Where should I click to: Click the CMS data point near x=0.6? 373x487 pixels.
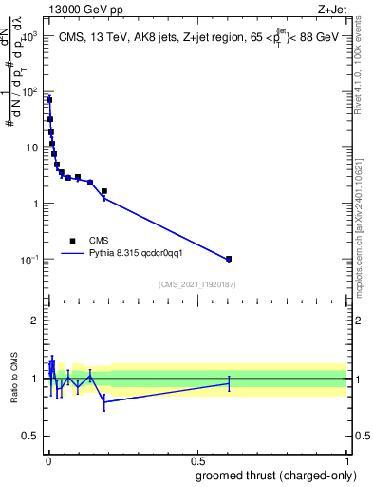[229, 259]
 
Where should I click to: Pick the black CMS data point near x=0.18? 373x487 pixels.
[104, 191]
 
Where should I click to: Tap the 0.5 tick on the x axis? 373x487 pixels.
[196, 460]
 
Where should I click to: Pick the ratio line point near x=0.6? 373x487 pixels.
[229, 383]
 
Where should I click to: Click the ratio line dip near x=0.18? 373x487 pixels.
[104, 402]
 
